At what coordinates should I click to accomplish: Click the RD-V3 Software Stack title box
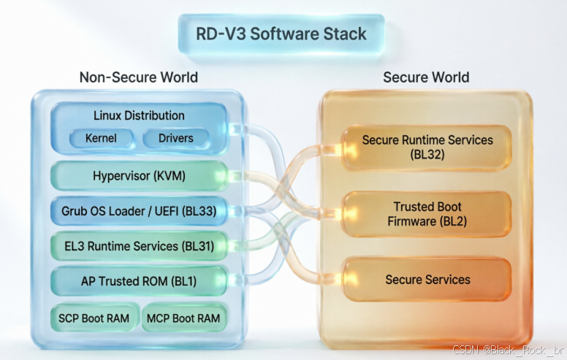tap(281, 34)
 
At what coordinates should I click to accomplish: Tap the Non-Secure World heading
tap(139, 77)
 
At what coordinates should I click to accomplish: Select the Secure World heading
tap(426, 77)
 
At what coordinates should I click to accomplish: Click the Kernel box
tap(101, 138)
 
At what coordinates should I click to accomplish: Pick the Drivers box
tap(176, 138)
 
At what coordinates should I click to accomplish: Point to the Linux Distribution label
tap(140, 115)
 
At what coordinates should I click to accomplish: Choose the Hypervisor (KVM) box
tap(140, 176)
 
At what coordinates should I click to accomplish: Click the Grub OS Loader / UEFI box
tap(140, 211)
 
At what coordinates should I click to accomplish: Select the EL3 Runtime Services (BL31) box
tap(140, 246)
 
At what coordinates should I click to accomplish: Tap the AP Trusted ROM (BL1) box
tap(140, 281)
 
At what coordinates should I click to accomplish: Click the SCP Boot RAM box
tap(94, 318)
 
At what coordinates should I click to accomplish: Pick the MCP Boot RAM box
tap(183, 318)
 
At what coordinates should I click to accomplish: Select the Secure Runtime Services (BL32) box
tap(427, 148)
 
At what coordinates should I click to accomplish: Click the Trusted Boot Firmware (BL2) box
tap(427, 214)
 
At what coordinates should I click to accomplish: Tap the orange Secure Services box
tap(427, 280)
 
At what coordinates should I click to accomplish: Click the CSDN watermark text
tap(508, 350)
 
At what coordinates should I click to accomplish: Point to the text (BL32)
tap(427, 155)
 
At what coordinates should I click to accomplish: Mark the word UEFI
tap(167, 211)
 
